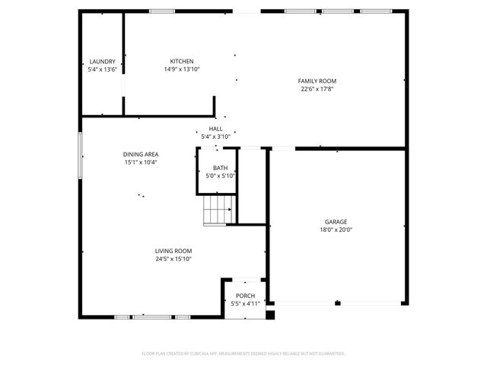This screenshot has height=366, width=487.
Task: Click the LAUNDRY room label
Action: pos(102,61)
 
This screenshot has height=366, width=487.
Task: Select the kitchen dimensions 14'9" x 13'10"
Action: pos(182,69)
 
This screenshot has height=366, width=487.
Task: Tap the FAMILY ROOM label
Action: pos(317,81)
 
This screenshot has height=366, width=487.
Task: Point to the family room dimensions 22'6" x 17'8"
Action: pos(317,88)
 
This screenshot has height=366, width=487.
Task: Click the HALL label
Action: pos(216,129)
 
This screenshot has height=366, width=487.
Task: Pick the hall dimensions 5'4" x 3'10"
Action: pos(216,136)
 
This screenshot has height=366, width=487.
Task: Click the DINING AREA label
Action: pos(142,154)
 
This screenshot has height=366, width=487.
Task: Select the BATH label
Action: pos(220,168)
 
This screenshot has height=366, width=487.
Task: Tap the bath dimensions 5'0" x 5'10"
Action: pos(221,175)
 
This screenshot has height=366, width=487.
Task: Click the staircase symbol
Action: pos(218,209)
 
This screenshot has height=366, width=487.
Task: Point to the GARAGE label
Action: pos(336,222)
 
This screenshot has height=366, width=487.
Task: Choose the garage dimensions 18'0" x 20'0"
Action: pos(336,230)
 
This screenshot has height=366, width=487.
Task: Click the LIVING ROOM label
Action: pos(173,251)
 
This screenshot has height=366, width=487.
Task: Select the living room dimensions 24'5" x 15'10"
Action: pos(173,258)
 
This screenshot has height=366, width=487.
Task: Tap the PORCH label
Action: pos(245,296)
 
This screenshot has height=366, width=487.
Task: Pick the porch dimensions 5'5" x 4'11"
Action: pos(246,303)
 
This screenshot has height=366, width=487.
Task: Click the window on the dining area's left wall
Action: pos(79,156)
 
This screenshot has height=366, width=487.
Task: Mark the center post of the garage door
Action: pos(337,303)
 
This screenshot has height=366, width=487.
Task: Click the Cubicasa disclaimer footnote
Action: pos(243,354)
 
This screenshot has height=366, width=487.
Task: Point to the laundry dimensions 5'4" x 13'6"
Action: pos(102,69)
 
